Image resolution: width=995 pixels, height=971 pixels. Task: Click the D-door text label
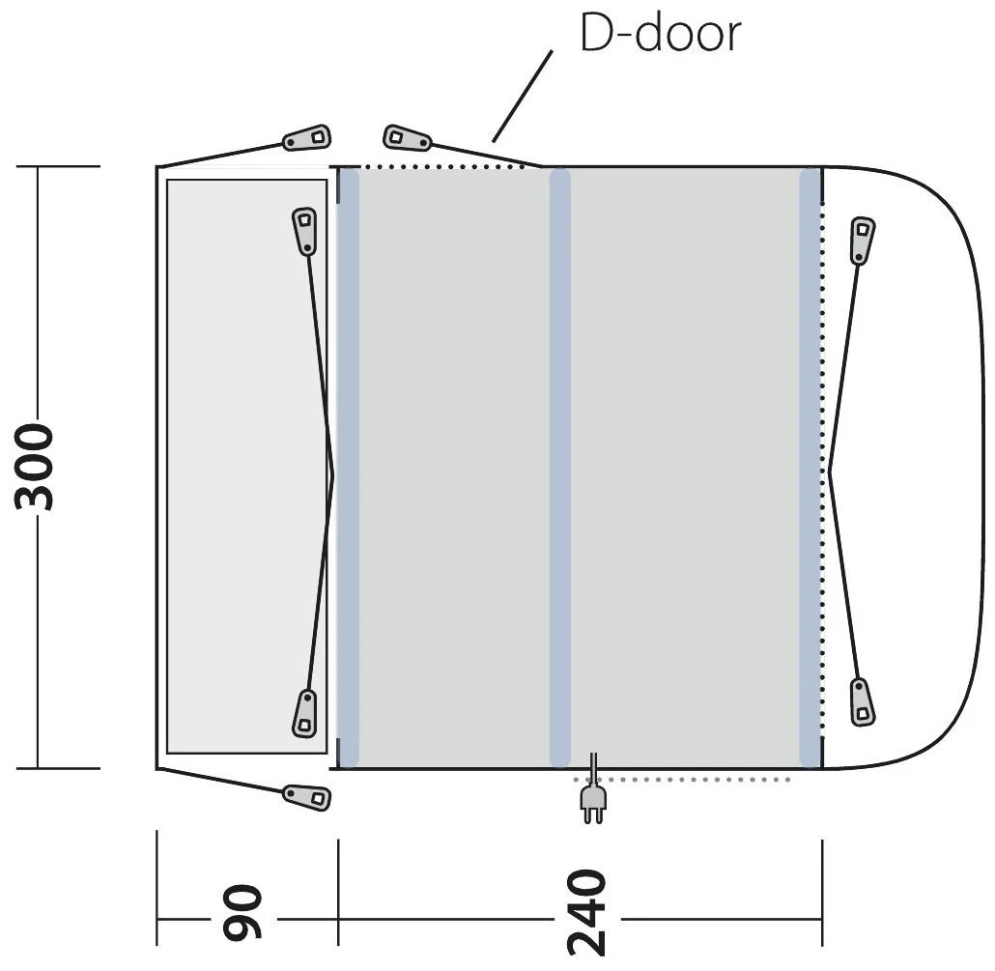tap(660, 33)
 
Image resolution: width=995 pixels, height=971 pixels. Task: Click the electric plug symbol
tap(591, 801)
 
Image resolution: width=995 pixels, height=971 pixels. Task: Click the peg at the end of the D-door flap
tap(407, 138)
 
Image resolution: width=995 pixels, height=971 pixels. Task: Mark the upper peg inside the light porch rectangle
tap(304, 231)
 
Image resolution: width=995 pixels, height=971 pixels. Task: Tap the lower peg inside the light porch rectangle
tap(304, 713)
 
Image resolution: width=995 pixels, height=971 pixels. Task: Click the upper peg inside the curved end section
tap(862, 241)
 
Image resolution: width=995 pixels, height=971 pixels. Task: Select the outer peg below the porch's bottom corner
tap(306, 796)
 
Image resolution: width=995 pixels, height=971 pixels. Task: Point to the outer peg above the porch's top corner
tap(307, 139)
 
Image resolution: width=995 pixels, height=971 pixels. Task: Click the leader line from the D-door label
tap(522, 97)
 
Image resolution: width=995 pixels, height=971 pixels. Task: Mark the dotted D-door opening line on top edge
tap(435, 167)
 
